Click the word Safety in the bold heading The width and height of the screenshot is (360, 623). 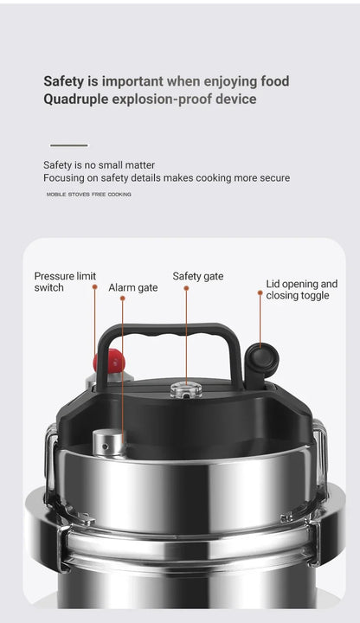pos(63,81)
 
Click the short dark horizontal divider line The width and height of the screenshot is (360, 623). pos(68,145)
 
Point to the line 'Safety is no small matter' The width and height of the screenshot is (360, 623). pos(99,165)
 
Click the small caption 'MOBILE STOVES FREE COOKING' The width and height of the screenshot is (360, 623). pos(89,195)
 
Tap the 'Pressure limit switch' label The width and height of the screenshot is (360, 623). pos(64,281)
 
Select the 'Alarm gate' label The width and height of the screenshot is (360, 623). pos(132,287)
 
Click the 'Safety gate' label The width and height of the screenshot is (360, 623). pos(197,276)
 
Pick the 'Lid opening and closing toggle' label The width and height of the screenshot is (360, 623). pos(301,289)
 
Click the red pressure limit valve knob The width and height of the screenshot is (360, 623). pos(107,361)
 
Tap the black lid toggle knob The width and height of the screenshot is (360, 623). pos(261,356)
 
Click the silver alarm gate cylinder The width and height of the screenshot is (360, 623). pos(110,442)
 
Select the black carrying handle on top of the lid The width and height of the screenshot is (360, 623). pos(169,332)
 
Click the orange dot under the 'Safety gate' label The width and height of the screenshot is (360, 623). pos(186,289)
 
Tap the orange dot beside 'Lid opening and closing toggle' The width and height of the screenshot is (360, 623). pos(260,293)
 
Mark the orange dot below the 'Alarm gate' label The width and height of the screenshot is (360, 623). pos(123,299)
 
